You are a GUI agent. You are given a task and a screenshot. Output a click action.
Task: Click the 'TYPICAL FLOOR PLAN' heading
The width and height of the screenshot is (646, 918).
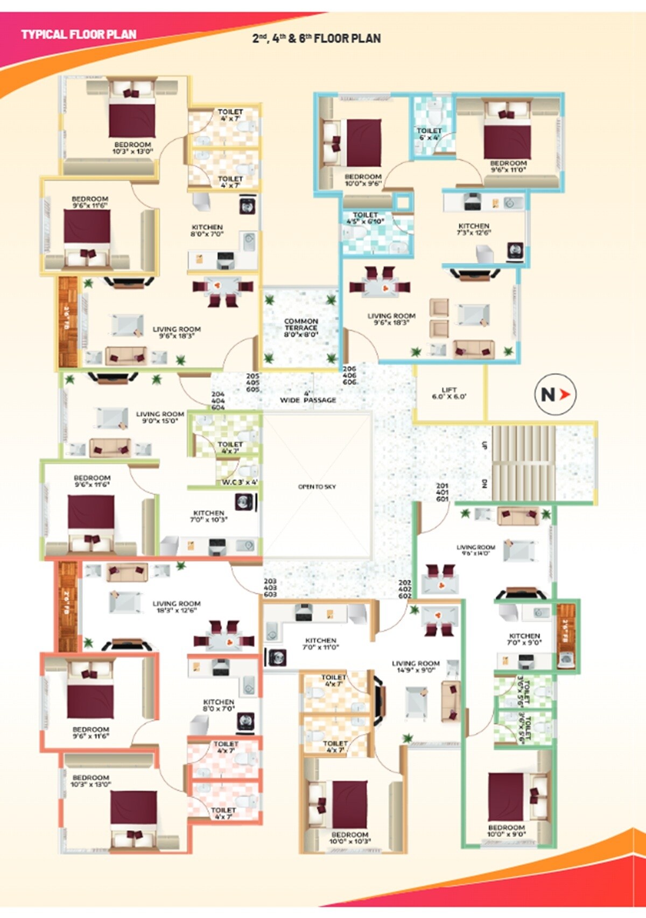79,34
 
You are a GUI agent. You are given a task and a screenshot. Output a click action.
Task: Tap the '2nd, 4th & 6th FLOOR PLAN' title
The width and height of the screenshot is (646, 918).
317,39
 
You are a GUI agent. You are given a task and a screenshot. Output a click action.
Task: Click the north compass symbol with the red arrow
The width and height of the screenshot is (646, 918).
554,395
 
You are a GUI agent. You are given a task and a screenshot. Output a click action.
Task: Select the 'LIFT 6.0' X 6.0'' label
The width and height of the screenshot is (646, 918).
449,393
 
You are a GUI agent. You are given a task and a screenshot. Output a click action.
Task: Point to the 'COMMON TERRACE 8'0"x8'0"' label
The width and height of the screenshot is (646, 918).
301,327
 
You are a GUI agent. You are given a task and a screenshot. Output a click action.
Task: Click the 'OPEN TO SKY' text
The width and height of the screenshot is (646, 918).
317,487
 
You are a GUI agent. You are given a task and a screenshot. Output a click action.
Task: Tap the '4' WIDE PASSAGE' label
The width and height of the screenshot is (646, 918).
308,397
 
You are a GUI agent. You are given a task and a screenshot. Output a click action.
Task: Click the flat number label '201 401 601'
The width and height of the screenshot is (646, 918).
443,492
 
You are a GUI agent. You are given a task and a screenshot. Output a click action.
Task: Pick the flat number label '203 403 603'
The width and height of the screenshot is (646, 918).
270,588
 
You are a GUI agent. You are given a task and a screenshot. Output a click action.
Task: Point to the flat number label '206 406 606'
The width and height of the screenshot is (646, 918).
349,375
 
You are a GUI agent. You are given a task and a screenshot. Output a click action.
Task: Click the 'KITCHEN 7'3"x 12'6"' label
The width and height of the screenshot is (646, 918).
474,229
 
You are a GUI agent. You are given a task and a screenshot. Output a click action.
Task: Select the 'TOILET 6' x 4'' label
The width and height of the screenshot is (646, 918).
429,134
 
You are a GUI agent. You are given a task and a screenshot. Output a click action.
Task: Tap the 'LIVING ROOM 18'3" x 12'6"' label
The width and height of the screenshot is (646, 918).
176,607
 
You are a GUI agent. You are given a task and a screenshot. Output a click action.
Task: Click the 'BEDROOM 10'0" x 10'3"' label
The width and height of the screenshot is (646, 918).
350,838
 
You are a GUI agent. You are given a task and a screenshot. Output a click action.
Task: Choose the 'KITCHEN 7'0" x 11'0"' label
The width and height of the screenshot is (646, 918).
321,644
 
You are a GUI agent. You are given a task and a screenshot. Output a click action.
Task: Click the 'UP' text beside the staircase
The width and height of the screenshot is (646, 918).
484,446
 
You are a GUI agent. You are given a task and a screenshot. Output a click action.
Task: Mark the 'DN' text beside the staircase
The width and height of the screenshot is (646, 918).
484,483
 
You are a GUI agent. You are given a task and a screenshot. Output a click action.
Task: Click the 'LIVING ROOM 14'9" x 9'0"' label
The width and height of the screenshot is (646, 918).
416,667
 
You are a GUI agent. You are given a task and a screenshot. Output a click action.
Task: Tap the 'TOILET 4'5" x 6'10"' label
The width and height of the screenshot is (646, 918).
365,218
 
